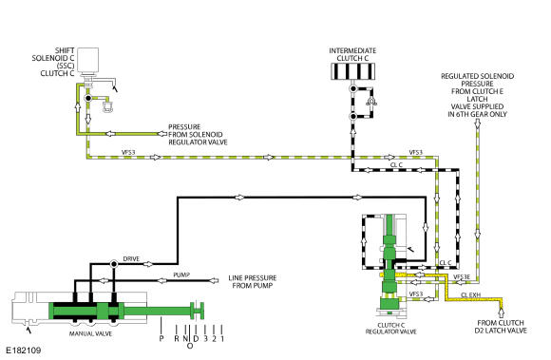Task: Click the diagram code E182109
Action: [x=24, y=351]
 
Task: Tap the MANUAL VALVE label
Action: [x=90, y=333]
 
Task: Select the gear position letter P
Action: [x=161, y=338]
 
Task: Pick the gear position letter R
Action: [x=177, y=338]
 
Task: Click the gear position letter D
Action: [x=196, y=338]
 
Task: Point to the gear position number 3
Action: [x=205, y=338]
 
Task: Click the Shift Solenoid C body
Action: [x=87, y=60]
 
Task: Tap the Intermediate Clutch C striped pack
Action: [x=352, y=71]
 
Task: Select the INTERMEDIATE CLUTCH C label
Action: [x=352, y=54]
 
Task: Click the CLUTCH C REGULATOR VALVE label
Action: [x=390, y=329]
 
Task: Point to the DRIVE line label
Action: [x=131, y=259]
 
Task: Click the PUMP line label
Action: [x=181, y=275]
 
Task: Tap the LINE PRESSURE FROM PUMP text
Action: [x=253, y=282]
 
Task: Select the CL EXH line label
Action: [x=470, y=295]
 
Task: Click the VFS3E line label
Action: [x=462, y=277]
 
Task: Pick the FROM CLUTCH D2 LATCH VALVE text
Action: [x=501, y=327]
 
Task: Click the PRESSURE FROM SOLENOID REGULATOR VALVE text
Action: [x=198, y=135]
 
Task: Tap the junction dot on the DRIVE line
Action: [x=113, y=264]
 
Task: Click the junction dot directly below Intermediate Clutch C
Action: [x=353, y=88]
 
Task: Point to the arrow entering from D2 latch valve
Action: [x=501, y=313]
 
